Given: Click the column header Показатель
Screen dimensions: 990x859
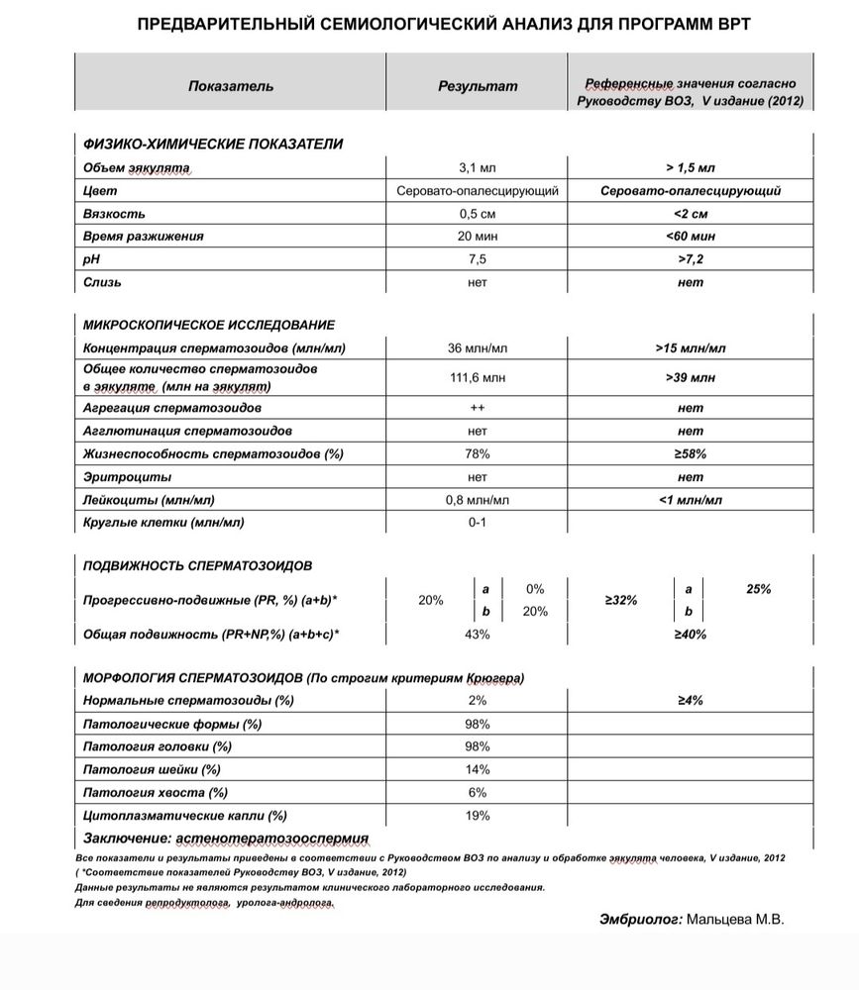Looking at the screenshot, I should click(231, 86).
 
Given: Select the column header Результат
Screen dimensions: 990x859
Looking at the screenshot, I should click(478, 86).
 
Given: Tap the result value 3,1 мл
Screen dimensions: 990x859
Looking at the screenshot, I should click(478, 167).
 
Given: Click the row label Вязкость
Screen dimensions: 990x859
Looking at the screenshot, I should click(114, 214).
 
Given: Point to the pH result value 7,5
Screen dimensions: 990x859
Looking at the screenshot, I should click(478, 259).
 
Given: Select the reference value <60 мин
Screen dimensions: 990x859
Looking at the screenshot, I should click(691, 237).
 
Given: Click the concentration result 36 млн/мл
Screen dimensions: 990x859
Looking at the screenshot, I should click(478, 348).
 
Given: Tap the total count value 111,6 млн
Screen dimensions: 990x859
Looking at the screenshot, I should click(478, 378).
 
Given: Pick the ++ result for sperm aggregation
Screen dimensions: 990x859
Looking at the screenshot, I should click(478, 408).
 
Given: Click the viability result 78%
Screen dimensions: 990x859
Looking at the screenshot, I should click(478, 454).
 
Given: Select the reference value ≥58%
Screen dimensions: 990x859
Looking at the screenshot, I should click(691, 454).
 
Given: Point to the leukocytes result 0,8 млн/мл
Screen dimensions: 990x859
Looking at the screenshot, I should click(478, 500).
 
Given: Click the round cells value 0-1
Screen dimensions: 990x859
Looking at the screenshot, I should click(478, 523).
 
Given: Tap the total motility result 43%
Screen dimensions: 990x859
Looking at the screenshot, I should click(478, 634).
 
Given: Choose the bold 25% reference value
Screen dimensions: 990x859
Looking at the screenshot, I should click(758, 589).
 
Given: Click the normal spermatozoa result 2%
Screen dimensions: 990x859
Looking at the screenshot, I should click(478, 700).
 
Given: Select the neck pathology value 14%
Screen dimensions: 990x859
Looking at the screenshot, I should click(478, 769).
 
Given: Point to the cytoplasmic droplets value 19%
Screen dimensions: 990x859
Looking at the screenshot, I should click(478, 816).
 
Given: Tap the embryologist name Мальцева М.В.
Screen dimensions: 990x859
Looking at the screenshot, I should click(735, 920).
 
